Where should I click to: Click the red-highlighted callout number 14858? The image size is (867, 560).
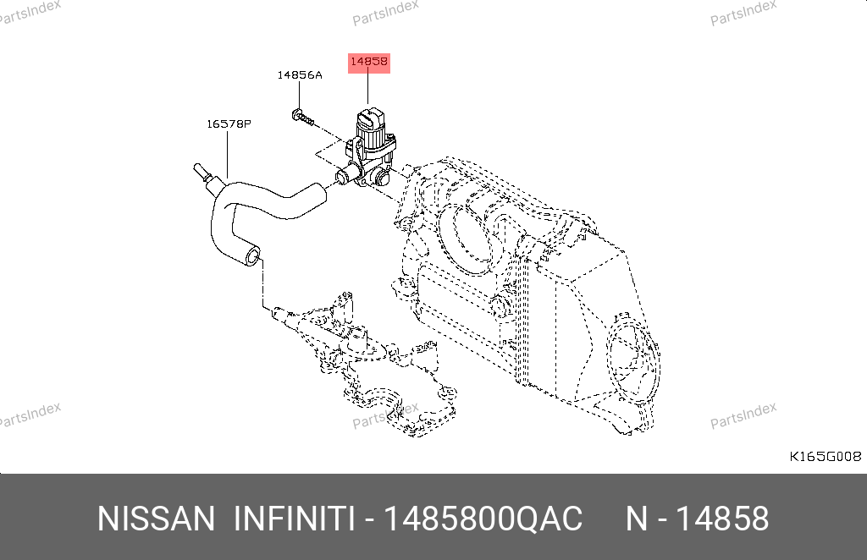click(369, 63)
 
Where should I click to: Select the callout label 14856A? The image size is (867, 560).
click(299, 75)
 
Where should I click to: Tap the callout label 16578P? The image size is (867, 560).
click(229, 124)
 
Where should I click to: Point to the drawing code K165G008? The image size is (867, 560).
click(825, 456)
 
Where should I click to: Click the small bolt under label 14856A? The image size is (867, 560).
click(302, 117)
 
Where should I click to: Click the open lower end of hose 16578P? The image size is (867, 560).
click(251, 257)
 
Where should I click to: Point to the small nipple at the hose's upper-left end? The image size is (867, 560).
click(200, 172)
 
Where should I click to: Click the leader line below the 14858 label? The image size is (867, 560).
click(367, 88)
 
